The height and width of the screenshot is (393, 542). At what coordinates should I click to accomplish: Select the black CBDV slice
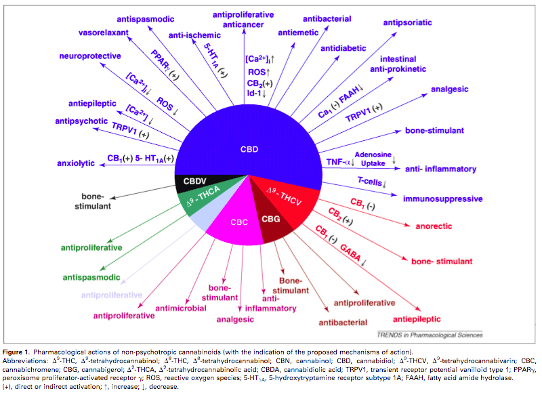tap(195, 181)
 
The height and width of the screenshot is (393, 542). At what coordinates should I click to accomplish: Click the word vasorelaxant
tap(102, 32)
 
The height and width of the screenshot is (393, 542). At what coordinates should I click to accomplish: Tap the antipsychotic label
tap(81, 121)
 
